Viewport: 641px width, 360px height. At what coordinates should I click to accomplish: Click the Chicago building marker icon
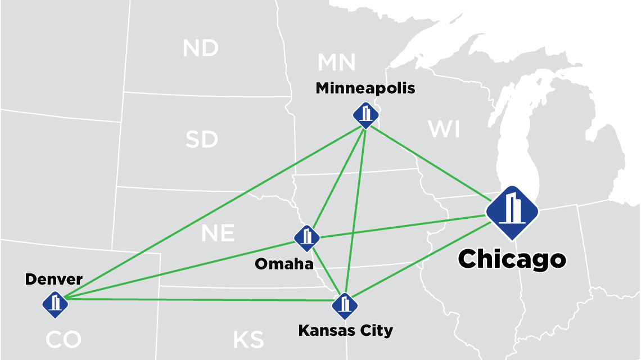pyautogui.click(x=512, y=212)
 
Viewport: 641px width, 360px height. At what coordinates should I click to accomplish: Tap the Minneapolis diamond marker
pyautogui.click(x=366, y=115)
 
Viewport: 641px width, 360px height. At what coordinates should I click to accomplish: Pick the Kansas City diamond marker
pyautogui.click(x=345, y=305)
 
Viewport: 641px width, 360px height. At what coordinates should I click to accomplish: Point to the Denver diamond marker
pyautogui.click(x=55, y=304)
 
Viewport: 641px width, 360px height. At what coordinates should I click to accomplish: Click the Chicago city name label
pyautogui.click(x=512, y=259)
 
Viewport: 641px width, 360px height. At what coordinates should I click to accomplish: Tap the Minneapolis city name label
pyautogui.click(x=365, y=88)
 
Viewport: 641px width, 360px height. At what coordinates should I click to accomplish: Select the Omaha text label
pyautogui.click(x=284, y=263)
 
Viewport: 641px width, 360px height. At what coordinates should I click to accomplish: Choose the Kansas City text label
pyautogui.click(x=345, y=330)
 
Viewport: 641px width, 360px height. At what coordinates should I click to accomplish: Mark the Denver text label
pyautogui.click(x=54, y=279)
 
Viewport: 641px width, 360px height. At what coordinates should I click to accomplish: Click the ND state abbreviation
pyautogui.click(x=201, y=48)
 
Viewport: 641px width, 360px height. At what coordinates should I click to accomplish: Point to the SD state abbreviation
pyautogui.click(x=201, y=139)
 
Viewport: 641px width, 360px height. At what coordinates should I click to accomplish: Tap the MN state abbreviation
pyautogui.click(x=336, y=62)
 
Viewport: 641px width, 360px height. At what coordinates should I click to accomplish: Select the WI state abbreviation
pyautogui.click(x=444, y=129)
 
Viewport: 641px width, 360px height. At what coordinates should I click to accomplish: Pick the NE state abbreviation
pyautogui.click(x=218, y=233)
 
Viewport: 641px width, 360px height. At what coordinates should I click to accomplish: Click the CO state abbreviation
pyautogui.click(x=64, y=340)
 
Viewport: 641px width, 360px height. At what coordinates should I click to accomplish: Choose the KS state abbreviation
pyautogui.click(x=248, y=340)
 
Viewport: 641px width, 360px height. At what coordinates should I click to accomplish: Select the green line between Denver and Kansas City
pyautogui.click(x=197, y=299)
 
